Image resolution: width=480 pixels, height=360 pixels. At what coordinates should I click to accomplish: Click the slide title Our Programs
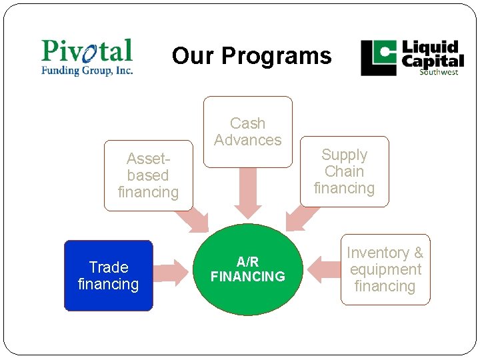click(x=251, y=56)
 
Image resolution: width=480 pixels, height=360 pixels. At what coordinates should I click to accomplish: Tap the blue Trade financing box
click(x=108, y=275)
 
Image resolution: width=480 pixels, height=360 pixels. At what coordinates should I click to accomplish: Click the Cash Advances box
click(x=247, y=131)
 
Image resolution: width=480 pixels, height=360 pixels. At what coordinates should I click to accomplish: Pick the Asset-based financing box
click(x=148, y=175)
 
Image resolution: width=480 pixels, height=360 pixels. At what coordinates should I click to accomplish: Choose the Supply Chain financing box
click(x=344, y=171)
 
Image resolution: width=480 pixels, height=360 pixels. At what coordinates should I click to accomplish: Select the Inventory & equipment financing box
click(x=385, y=269)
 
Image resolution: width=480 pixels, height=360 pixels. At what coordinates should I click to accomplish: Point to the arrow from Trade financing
click(x=171, y=271)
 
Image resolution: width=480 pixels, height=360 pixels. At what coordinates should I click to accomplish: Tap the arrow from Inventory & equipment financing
click(x=324, y=269)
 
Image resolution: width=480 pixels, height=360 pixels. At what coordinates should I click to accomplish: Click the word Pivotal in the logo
click(x=87, y=51)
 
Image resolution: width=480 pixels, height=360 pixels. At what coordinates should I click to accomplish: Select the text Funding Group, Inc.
click(x=87, y=70)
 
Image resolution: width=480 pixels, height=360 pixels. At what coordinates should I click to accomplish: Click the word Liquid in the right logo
click(x=430, y=48)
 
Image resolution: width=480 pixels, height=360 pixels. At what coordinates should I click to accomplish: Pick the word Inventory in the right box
click(x=378, y=253)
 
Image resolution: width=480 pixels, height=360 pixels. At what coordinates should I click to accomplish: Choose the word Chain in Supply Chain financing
click(x=344, y=171)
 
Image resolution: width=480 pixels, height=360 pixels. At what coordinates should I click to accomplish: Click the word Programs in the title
click(x=277, y=56)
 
